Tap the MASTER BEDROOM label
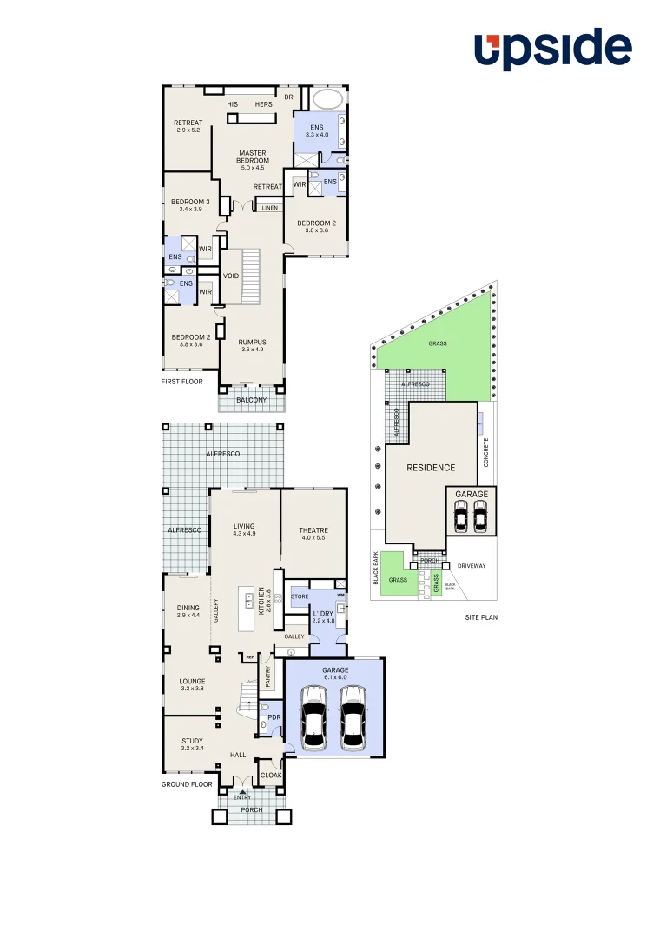coord(253,157)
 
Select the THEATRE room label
coord(313,530)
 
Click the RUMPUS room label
coord(253,343)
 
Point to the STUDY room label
coord(192,742)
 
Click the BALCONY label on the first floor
coord(251,400)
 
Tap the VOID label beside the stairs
coord(231,276)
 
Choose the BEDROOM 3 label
coord(190,203)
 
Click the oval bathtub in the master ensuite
coord(328,97)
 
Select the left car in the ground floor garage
coord(313,717)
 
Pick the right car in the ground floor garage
coord(353,717)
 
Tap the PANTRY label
coord(267,676)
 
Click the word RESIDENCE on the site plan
coord(431,468)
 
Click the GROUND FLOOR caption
coord(187,784)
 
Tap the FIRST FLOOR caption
coord(182,382)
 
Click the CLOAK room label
coord(271,776)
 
